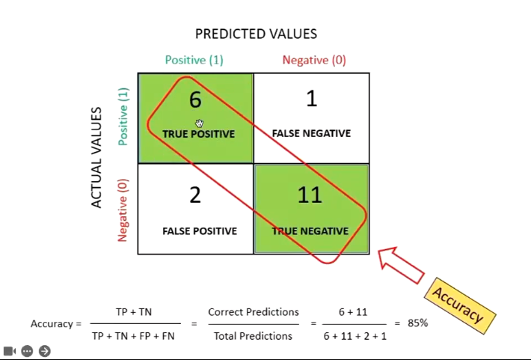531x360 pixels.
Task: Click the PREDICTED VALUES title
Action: [x=256, y=34]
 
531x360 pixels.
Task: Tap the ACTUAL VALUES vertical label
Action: [x=96, y=157]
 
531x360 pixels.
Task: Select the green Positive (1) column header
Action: [x=194, y=60]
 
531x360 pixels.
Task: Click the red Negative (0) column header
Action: [x=314, y=60]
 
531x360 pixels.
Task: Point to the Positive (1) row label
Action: [x=123, y=116]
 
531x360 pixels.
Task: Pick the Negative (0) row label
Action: [x=123, y=210]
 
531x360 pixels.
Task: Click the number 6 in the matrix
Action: [x=195, y=100]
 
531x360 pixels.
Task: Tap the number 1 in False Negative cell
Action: [x=311, y=98]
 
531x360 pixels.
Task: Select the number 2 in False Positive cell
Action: [x=195, y=195]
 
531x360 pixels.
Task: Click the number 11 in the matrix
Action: [x=310, y=195]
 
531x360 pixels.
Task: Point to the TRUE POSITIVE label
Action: [x=198, y=134]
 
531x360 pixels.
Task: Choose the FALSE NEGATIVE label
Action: [x=311, y=133]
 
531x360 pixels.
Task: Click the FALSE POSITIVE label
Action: [x=199, y=231]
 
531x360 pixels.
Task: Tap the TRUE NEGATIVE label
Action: [x=310, y=231]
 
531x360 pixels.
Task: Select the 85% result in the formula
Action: [x=417, y=323]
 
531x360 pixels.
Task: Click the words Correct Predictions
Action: [x=253, y=311]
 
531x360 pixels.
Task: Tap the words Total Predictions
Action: [x=253, y=336]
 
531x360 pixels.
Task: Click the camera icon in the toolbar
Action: [x=10, y=350]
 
